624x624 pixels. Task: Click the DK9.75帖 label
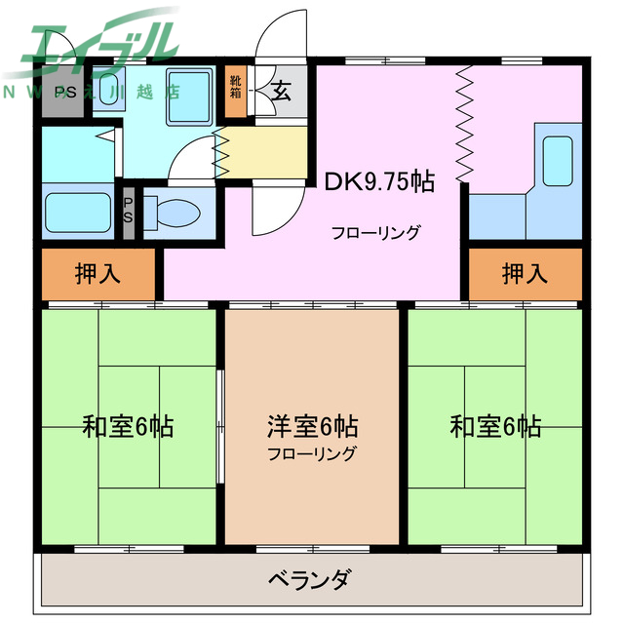tap(379, 180)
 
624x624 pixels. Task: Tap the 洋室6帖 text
tap(312, 426)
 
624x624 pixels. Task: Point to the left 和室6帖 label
tap(128, 427)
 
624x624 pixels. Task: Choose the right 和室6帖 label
tap(495, 427)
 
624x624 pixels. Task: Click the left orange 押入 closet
tap(98, 274)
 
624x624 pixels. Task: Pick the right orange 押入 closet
tap(526, 274)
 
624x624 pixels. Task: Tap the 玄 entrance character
tap(281, 92)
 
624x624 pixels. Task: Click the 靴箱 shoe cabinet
tap(236, 90)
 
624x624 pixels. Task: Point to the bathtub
tap(79, 211)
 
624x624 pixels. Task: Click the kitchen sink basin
tap(557, 159)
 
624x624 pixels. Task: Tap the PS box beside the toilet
tap(128, 211)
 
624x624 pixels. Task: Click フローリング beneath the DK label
tap(375, 233)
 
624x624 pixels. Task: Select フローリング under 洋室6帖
tap(312, 453)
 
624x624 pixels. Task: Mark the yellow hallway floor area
tap(268, 147)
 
